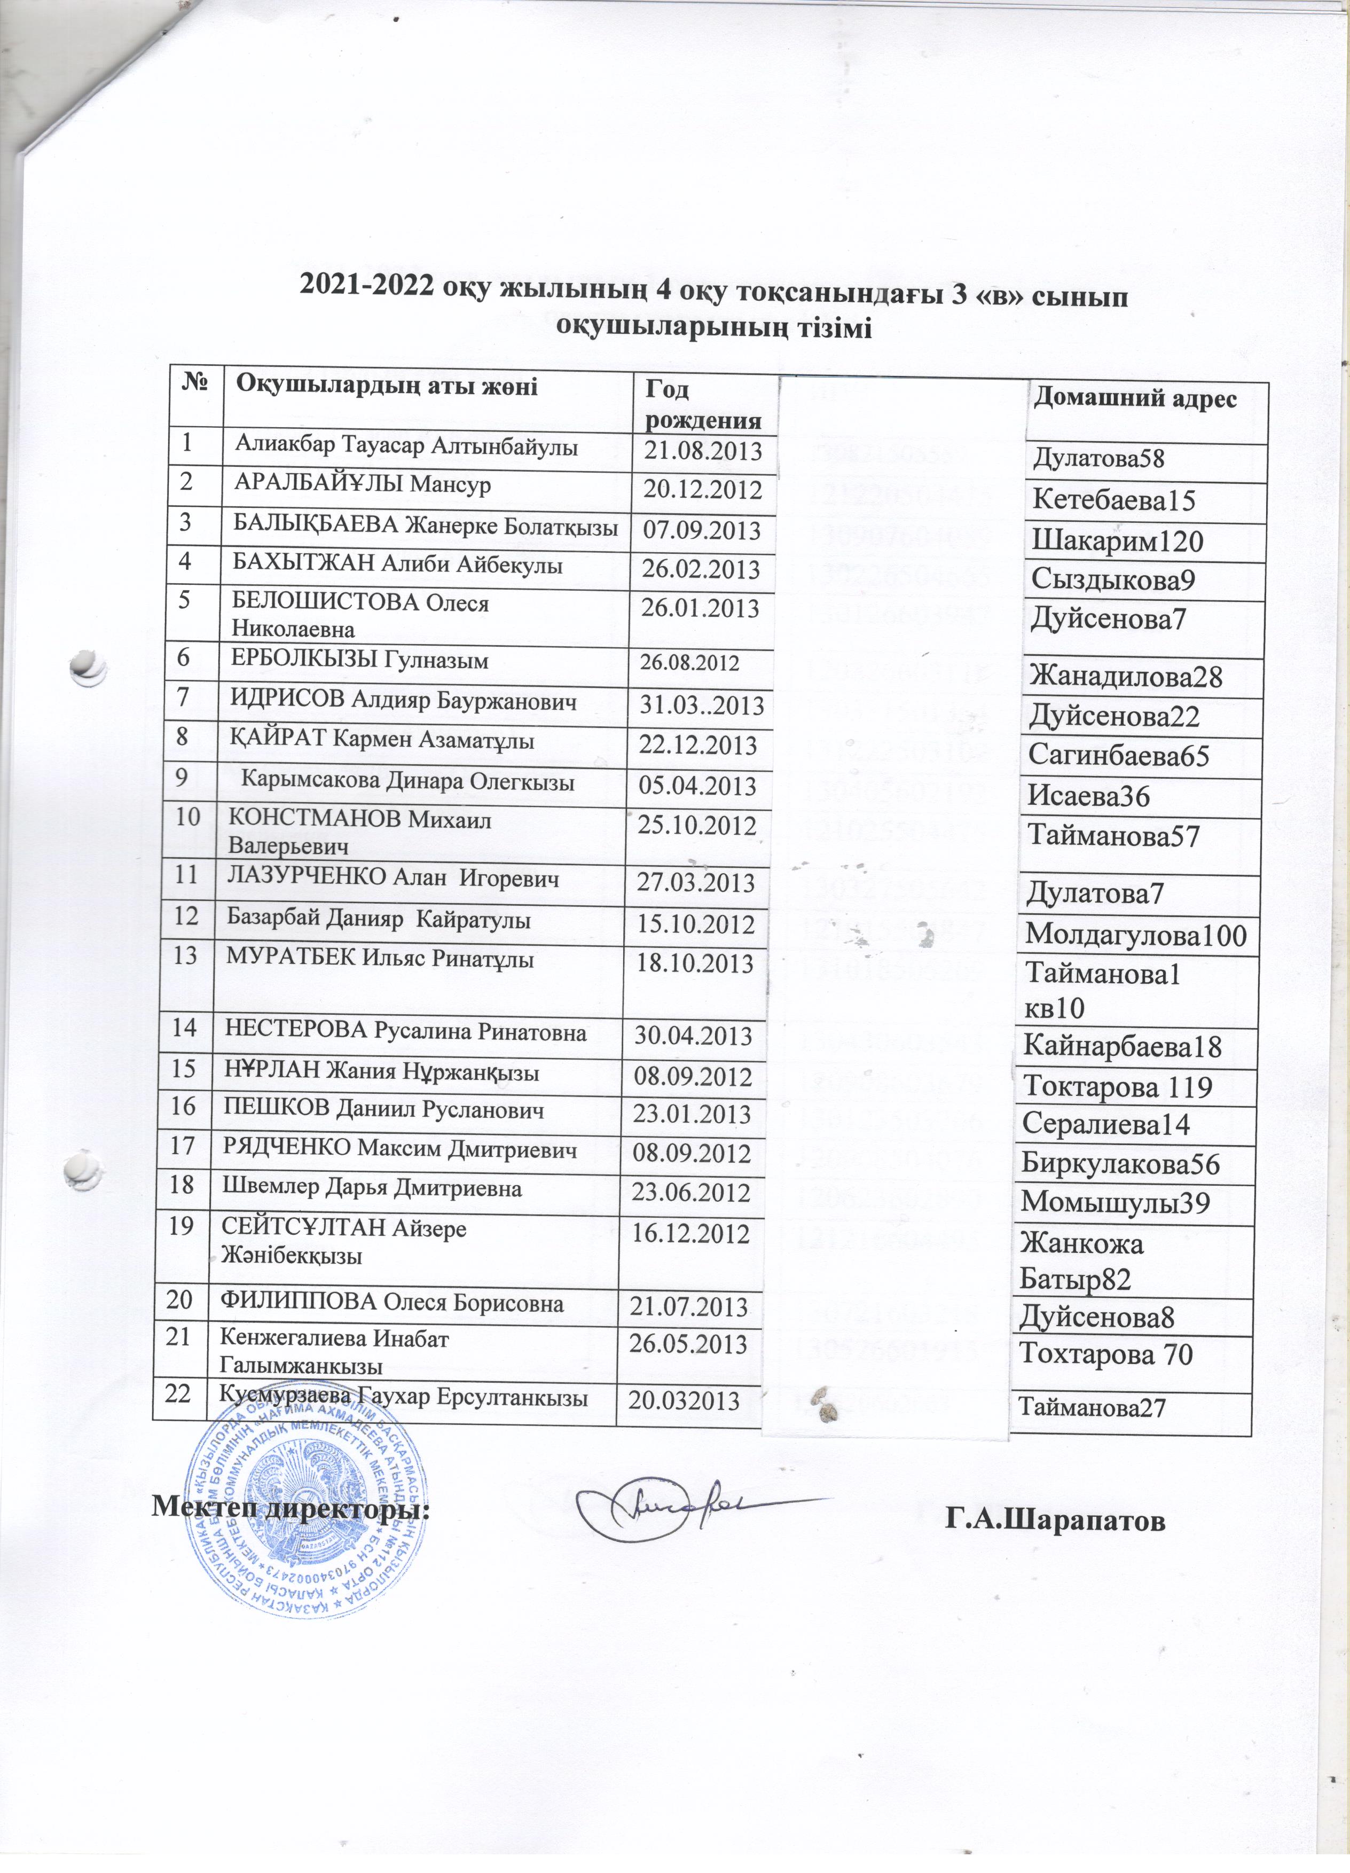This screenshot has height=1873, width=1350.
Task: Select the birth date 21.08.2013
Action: tap(701, 450)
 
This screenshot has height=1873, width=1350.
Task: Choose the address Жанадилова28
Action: tap(1126, 677)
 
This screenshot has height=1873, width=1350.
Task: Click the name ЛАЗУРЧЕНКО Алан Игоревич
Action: tap(392, 880)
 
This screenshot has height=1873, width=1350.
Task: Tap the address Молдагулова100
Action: tap(1135, 936)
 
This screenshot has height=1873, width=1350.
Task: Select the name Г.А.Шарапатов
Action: tap(1056, 1518)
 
